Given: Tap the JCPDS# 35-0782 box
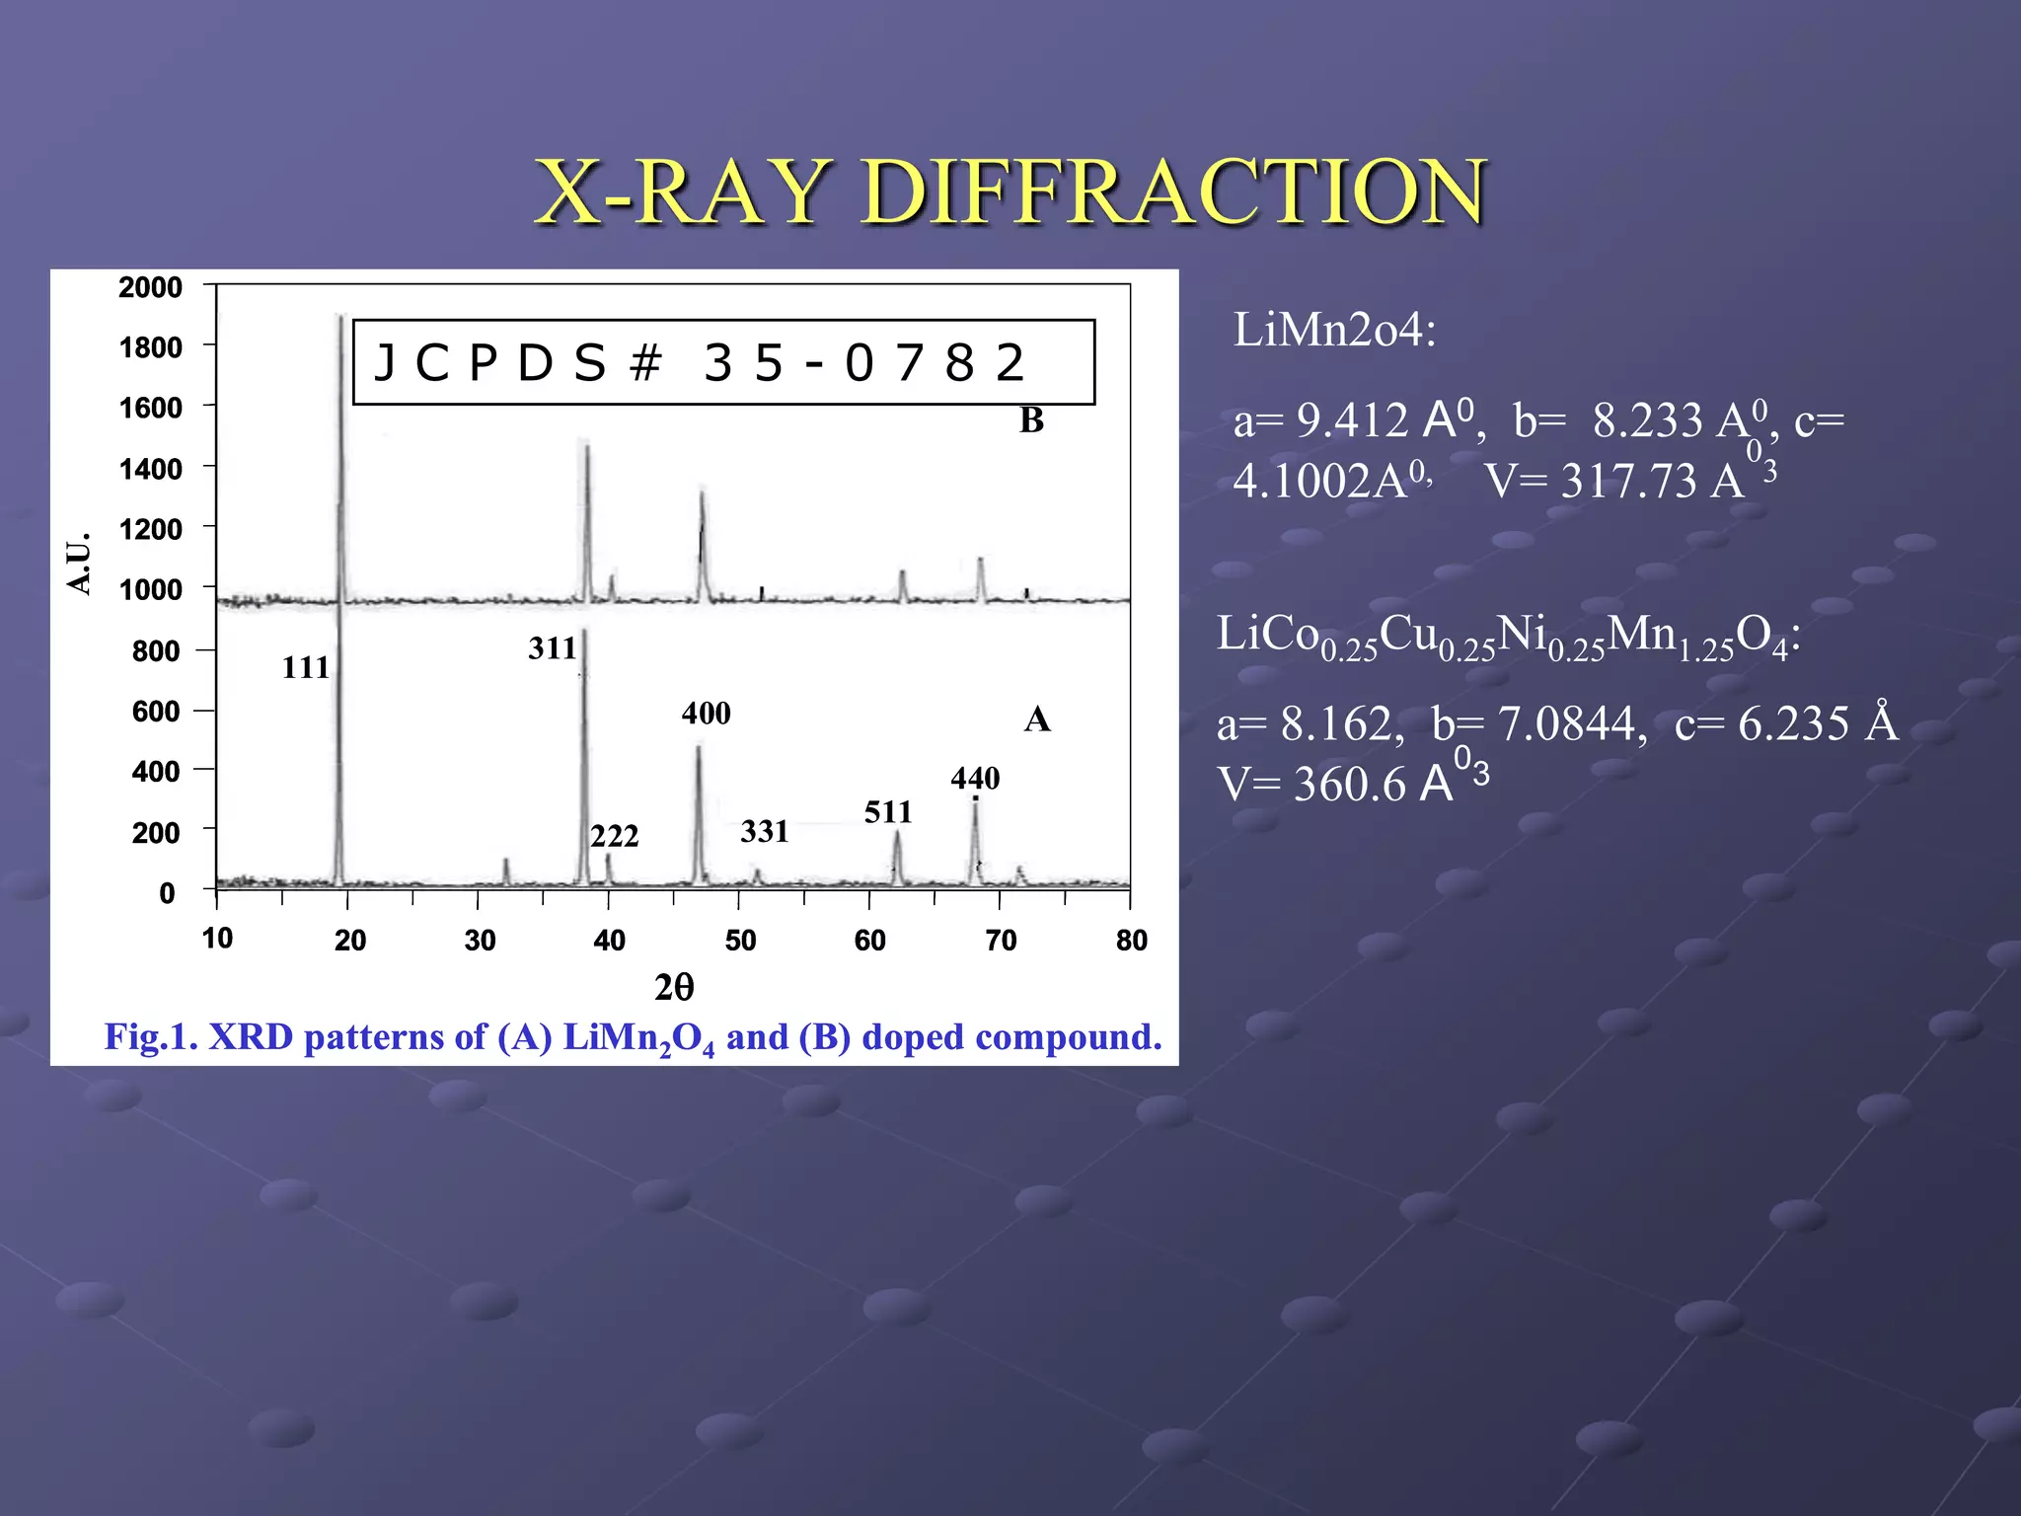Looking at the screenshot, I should click(x=723, y=362).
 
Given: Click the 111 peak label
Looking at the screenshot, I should click(x=306, y=668).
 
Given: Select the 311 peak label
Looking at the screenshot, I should click(x=553, y=648).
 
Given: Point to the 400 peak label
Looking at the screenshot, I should click(x=706, y=714).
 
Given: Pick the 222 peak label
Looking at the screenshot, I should click(x=615, y=837).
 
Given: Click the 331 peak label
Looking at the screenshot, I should click(x=765, y=832).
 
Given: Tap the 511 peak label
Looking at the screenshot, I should click(x=888, y=812).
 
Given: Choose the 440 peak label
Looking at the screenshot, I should click(x=975, y=779).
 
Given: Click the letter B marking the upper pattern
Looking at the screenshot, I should click(x=1031, y=420).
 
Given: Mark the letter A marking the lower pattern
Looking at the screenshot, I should click(x=1037, y=720).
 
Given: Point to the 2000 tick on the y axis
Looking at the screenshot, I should click(x=151, y=287).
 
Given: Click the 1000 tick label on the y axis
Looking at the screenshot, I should click(x=151, y=590).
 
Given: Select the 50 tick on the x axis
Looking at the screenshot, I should click(x=740, y=940).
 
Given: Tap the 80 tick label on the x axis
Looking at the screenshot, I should click(x=1132, y=940).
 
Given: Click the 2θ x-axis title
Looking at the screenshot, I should click(x=674, y=987).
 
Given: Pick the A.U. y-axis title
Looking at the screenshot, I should click(x=79, y=563).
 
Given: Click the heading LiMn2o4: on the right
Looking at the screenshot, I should click(x=1334, y=330).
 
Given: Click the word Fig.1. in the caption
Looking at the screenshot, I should click(x=152, y=1036).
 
